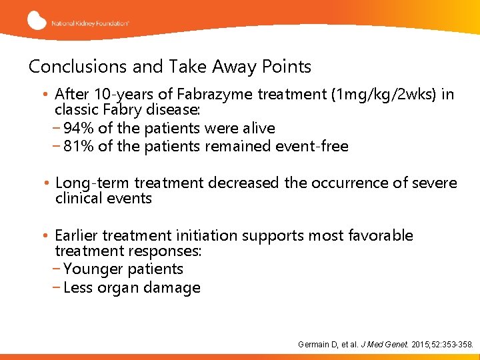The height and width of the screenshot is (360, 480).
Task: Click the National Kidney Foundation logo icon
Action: point(37,20)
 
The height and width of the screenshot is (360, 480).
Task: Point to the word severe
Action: point(437,183)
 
